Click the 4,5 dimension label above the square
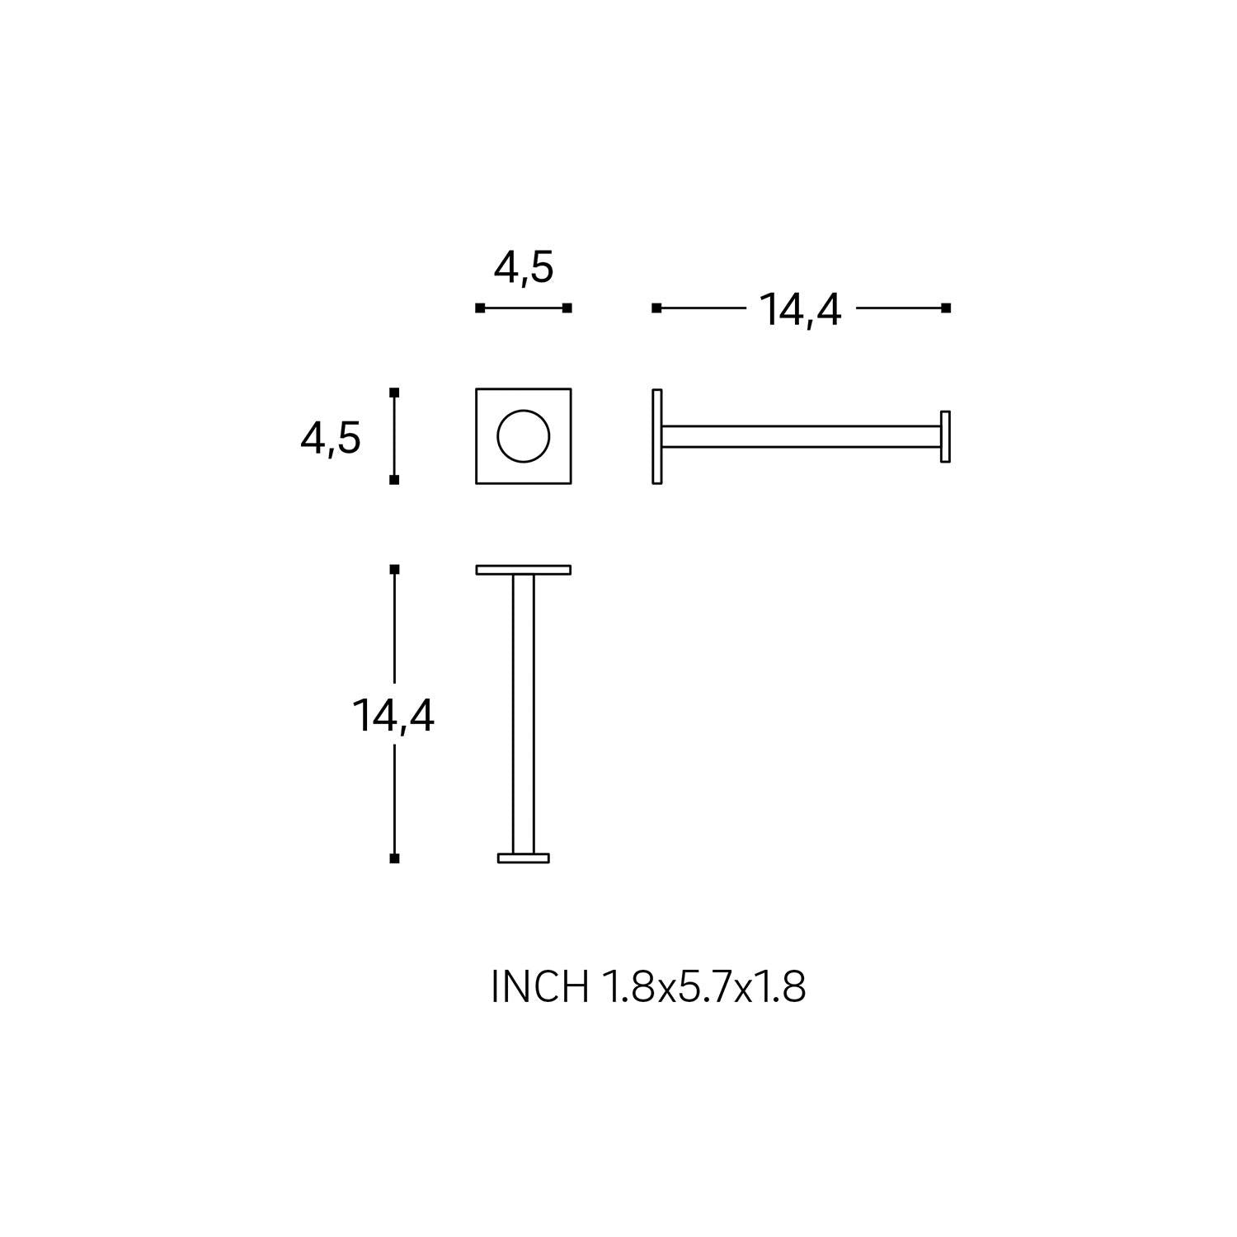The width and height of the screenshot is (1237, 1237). click(x=524, y=269)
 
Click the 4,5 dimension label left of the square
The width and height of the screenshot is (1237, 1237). click(x=331, y=438)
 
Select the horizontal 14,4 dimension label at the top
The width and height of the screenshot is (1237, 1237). click(x=800, y=311)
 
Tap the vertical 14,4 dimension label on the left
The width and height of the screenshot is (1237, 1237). click(x=393, y=716)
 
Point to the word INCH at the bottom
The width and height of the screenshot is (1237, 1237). click(x=540, y=986)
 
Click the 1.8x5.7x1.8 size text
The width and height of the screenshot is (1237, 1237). click(x=704, y=986)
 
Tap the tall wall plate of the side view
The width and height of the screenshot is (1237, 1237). click(x=657, y=436)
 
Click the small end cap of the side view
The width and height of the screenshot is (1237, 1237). click(x=945, y=436)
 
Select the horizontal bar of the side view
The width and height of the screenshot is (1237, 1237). click(x=801, y=436)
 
